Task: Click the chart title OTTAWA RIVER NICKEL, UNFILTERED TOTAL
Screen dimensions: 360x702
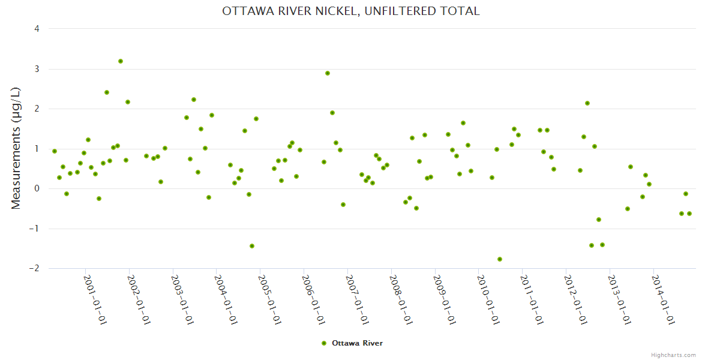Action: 351,11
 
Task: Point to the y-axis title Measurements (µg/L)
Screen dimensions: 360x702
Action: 16,148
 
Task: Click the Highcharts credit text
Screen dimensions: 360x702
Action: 673,355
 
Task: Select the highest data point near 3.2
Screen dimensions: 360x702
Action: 121,61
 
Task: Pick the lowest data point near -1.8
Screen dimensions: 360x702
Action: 500,259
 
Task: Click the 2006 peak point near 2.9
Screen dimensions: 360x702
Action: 328,73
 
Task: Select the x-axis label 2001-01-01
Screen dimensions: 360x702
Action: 95,299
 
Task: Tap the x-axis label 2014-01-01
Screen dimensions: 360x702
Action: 664,299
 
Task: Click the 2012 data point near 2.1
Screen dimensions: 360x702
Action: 587,103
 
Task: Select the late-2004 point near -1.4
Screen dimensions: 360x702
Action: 252,246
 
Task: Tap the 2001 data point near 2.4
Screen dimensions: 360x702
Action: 107,92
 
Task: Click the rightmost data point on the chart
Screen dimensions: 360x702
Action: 689,214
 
